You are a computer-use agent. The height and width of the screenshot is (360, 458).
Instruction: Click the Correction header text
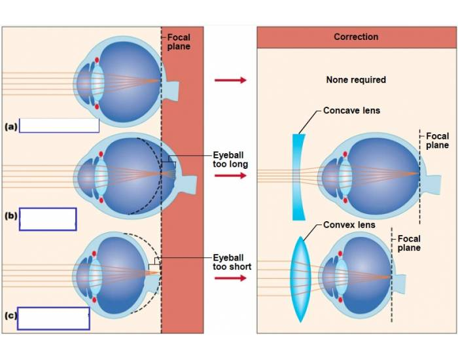click(x=356, y=37)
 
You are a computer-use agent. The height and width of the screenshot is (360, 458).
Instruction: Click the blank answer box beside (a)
click(x=59, y=125)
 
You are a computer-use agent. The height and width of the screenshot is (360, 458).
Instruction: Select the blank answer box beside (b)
click(x=48, y=219)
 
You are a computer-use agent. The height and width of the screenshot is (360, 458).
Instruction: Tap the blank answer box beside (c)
click(x=53, y=318)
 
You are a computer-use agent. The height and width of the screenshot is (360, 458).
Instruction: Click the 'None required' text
click(x=356, y=80)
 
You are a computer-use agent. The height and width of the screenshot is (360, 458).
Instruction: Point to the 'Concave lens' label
click(x=351, y=111)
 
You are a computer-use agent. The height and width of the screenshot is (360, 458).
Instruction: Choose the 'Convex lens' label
click(x=349, y=225)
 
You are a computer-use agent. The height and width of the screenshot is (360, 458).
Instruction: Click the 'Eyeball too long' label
click(x=230, y=160)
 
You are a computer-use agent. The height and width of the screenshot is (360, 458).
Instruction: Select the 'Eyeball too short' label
click(x=232, y=262)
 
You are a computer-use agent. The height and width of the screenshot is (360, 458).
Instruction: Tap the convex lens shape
click(x=298, y=279)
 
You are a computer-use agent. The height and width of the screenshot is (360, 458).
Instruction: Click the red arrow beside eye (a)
click(x=230, y=80)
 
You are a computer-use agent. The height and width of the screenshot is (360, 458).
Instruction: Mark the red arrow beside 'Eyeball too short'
click(x=230, y=279)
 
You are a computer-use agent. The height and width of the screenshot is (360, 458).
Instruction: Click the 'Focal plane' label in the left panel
click(x=179, y=43)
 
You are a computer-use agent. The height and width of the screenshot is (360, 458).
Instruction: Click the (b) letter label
click(x=10, y=217)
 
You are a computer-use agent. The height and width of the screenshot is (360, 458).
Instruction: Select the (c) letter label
click(x=10, y=316)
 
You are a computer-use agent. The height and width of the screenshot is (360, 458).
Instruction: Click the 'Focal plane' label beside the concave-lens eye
click(x=437, y=141)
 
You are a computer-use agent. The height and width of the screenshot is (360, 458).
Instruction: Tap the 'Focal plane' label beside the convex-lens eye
click(x=409, y=243)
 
